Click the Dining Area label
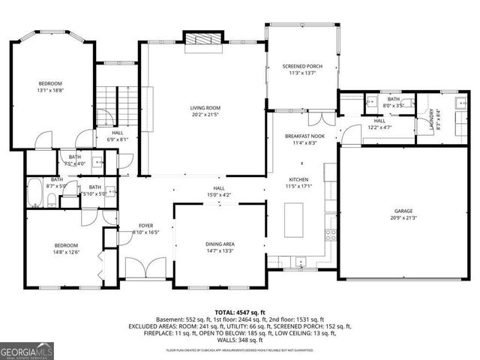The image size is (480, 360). click(x=220, y=244)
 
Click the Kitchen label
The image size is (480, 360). click(x=299, y=180)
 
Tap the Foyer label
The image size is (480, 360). click(x=145, y=225)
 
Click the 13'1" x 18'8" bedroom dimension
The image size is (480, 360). click(x=51, y=90)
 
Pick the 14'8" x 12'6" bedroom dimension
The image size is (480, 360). click(x=65, y=252)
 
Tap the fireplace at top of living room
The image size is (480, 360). click(x=203, y=39)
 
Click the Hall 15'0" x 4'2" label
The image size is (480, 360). click(x=219, y=192)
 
